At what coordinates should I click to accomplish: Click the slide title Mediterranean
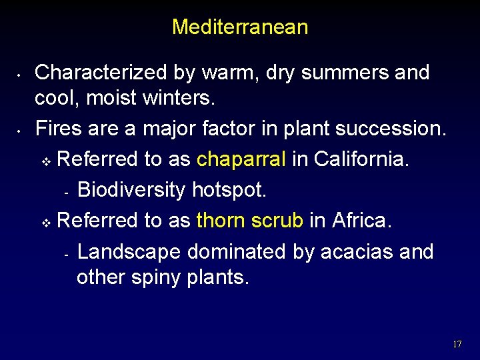[x=240, y=27]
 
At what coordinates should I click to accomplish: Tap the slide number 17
[x=457, y=345]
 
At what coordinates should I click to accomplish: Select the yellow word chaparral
[x=241, y=159]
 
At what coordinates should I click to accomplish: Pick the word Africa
[x=362, y=220]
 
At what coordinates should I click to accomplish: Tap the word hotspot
[x=229, y=190]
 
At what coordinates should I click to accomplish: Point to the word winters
[x=173, y=99]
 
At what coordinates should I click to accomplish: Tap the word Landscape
[x=129, y=251]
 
